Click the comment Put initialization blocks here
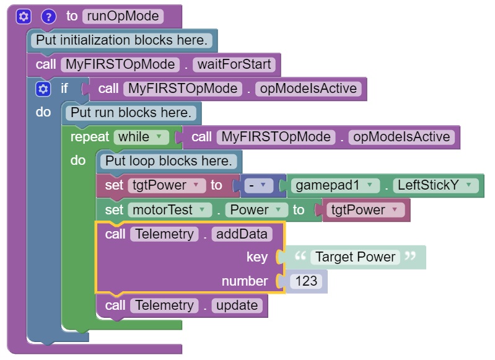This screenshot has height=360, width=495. [x=123, y=41]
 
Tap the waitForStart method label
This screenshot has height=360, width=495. [x=234, y=64]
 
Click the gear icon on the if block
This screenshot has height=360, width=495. [x=43, y=89]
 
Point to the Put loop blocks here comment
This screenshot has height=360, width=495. [x=169, y=161]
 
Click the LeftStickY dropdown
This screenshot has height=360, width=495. [x=437, y=185]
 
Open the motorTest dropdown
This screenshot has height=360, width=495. [x=167, y=209]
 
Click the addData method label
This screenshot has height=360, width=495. [x=241, y=234]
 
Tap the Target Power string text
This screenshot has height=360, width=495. [x=355, y=257]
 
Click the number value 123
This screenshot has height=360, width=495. [x=306, y=281]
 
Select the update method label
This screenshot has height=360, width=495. [x=236, y=305]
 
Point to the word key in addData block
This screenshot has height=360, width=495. [x=256, y=257]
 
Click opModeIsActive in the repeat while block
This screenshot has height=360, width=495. [x=400, y=136]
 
